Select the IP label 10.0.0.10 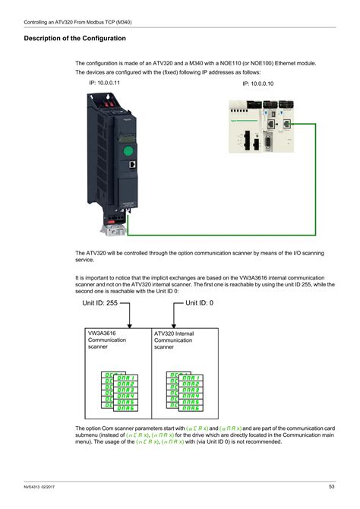click(258, 84)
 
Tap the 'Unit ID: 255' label click(100, 302)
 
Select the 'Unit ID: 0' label click(200, 302)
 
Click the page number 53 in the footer click(332, 486)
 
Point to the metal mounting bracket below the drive click(114, 223)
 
